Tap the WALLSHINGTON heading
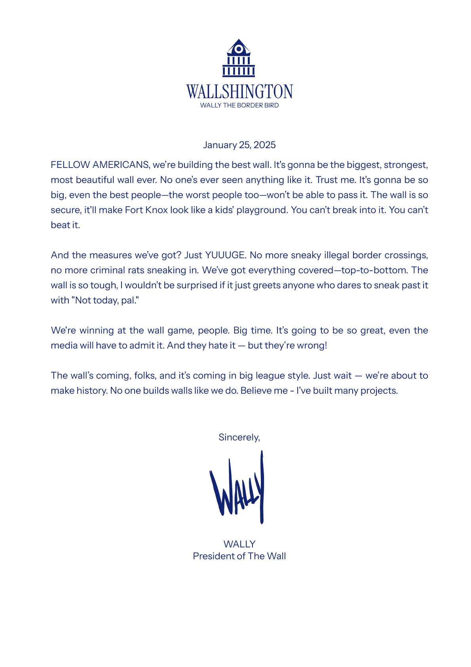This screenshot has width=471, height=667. click(x=239, y=92)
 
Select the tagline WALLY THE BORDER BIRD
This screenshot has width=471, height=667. click(x=239, y=105)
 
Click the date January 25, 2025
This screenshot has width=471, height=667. click(x=239, y=145)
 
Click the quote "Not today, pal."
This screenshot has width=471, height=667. click(x=106, y=300)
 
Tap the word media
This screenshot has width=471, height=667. click(x=64, y=345)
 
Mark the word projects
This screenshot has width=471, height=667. click(x=378, y=391)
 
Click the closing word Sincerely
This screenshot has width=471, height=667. click(x=239, y=437)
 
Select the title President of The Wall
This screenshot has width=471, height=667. click(x=239, y=556)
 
